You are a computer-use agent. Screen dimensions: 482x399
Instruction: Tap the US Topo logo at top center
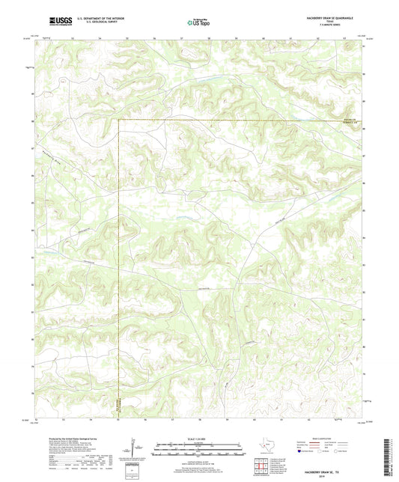coord(198,22)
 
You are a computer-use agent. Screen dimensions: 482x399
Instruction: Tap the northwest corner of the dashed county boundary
coord(120,120)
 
